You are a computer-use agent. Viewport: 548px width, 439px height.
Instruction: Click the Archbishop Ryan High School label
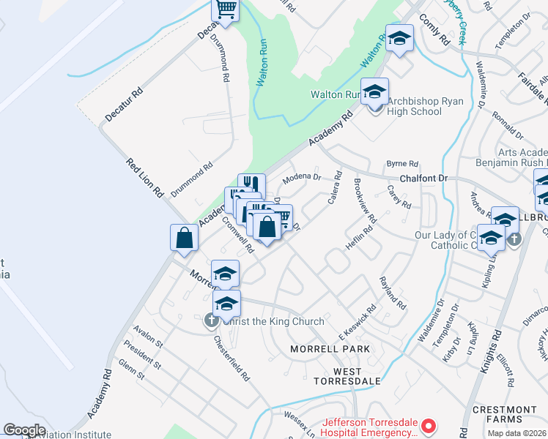point(415,106)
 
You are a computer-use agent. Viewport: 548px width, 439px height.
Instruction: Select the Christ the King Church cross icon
point(210,320)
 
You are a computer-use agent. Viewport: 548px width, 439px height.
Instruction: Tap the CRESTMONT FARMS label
point(504,414)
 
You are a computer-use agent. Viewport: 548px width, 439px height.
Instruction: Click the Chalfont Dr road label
point(423,179)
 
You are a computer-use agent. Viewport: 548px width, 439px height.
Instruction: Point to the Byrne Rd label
point(402,164)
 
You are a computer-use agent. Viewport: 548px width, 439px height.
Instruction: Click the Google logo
point(24,430)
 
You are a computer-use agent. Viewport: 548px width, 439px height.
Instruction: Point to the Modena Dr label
point(302,178)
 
